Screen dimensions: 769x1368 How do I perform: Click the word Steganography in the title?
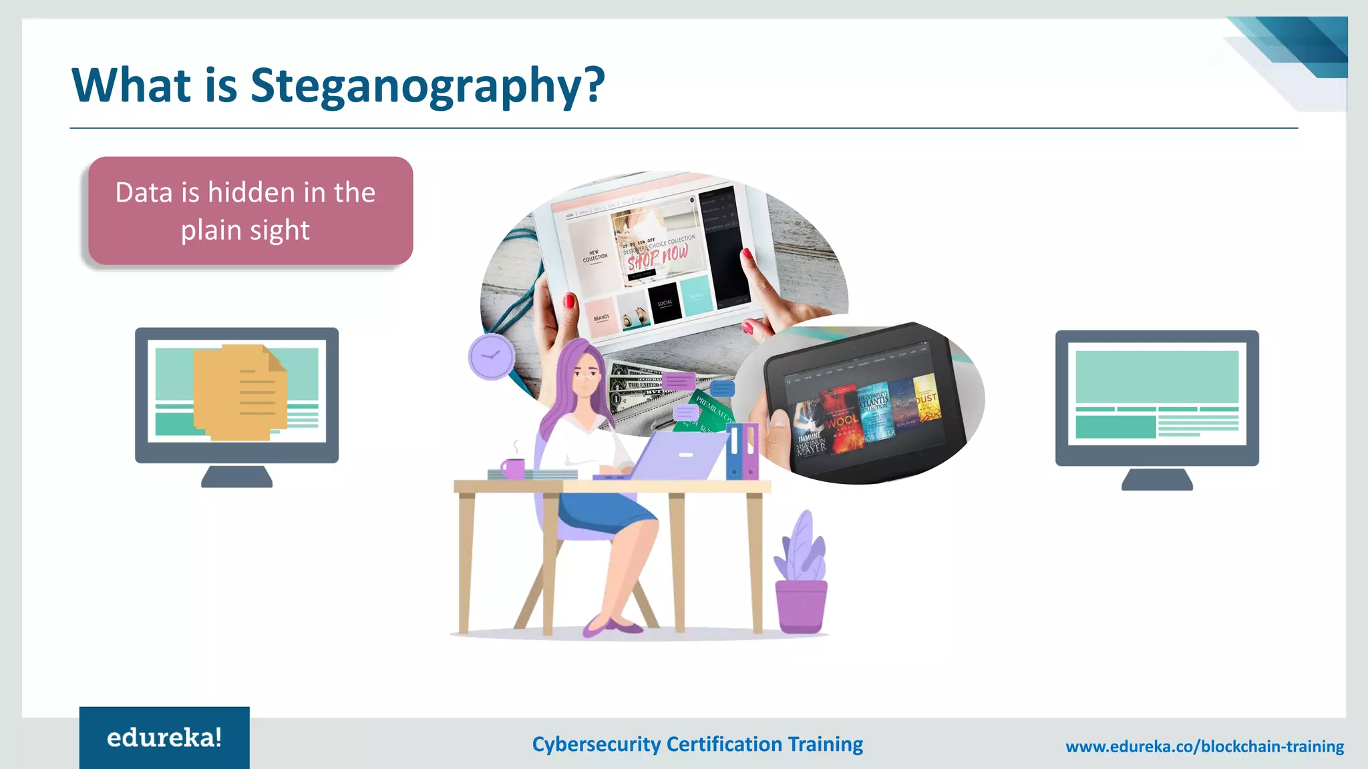[427, 85]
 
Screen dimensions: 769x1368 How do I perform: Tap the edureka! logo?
[164, 738]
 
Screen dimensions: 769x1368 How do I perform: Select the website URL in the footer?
[1204, 746]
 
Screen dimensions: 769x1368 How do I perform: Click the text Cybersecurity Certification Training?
[697, 744]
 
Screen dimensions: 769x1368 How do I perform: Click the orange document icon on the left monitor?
[240, 392]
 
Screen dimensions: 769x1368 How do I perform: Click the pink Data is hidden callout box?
[250, 211]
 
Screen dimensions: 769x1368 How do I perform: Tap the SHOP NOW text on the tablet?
[657, 257]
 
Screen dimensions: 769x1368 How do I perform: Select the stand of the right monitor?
[1157, 479]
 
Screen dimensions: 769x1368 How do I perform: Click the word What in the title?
[132, 85]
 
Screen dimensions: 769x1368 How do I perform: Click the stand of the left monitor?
[236, 477]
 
